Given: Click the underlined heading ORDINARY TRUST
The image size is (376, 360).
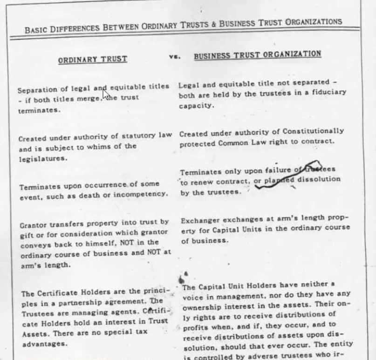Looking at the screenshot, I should click(92, 60).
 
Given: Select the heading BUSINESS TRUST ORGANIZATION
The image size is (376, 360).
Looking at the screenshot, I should click(257, 55).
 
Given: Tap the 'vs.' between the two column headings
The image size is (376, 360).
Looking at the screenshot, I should click(174, 56).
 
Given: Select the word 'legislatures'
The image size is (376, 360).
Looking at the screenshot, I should click(42, 158).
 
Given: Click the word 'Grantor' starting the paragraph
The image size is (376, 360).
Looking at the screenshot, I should click(33, 225).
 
